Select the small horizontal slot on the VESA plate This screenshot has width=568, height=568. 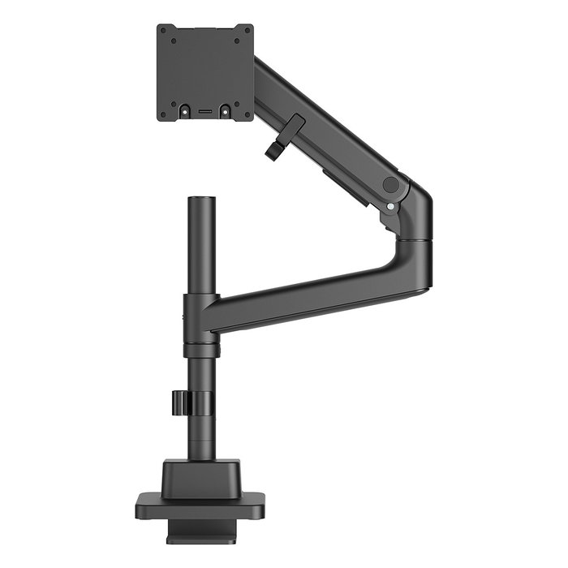205,108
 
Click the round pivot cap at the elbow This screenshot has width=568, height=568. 391,184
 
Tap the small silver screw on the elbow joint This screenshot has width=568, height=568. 391,206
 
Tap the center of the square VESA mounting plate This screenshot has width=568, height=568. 205,72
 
